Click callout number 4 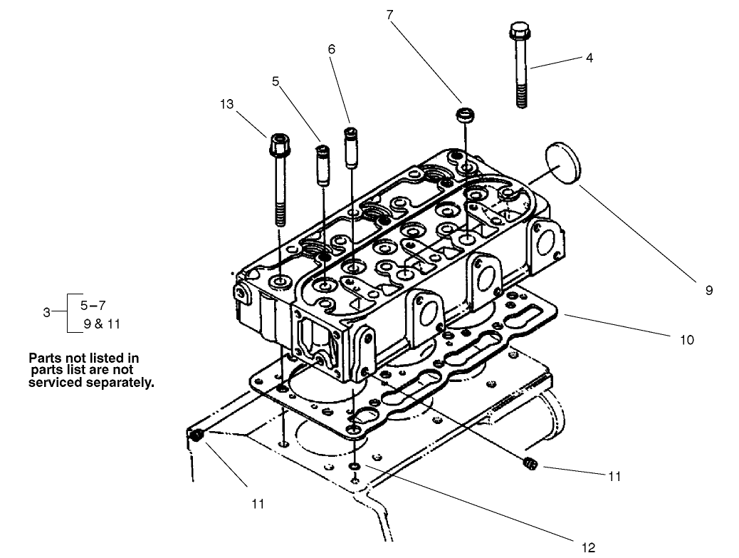coord(589,58)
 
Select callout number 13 coord(226,105)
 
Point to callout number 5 coord(276,81)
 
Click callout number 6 coord(331,49)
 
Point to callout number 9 coord(708,290)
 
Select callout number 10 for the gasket coord(686,340)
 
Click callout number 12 coord(588,547)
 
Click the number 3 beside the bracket coord(46,312)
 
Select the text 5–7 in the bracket coord(94,304)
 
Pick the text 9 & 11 coord(102,324)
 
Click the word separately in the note coord(120,382)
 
